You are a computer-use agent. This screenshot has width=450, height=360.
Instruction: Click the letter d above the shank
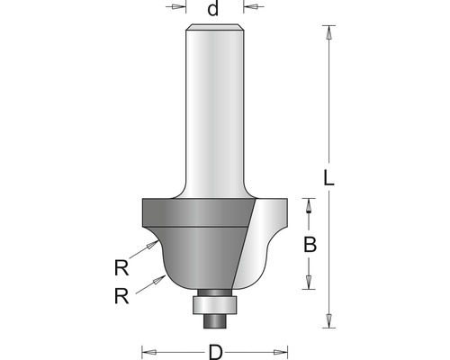pos(213,9)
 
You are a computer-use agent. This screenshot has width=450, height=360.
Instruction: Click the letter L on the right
pos(328,177)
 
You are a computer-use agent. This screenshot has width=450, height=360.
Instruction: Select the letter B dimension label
pos(310,245)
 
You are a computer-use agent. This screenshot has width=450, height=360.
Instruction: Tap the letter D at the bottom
pos(215,352)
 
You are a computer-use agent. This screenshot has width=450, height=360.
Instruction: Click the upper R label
pos(121,267)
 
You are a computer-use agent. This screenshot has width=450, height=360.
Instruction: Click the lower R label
pos(121,296)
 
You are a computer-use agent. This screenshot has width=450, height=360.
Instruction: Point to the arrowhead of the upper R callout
pos(152,245)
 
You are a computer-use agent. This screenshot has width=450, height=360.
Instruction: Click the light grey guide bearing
pos(215,305)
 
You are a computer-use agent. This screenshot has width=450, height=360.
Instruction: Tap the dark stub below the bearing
pos(214,321)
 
